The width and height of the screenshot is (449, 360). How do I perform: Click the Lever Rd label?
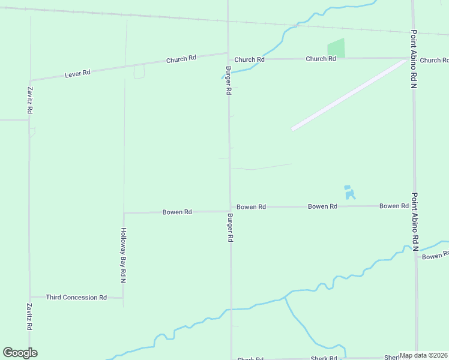pyautogui.click(x=78, y=73)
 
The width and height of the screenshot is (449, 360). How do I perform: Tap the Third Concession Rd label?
pyautogui.click(x=76, y=297)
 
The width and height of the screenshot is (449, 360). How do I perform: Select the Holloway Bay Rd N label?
pyautogui.click(x=123, y=255)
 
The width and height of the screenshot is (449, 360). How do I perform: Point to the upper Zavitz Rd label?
pyautogui.click(x=29, y=101)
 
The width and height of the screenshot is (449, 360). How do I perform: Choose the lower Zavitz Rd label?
pyautogui.click(x=29, y=317)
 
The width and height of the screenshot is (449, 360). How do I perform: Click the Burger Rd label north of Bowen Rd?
pyautogui.click(x=228, y=80)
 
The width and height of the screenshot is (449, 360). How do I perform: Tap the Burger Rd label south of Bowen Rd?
pyautogui.click(x=230, y=227)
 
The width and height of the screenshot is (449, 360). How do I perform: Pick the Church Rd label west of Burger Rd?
pyautogui.click(x=181, y=59)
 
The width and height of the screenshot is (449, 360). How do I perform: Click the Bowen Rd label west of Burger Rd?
pyautogui.click(x=177, y=212)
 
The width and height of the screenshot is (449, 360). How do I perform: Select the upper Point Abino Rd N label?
pyautogui.click(x=414, y=59)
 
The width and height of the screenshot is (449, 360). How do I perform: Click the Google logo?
pyautogui.click(x=20, y=353)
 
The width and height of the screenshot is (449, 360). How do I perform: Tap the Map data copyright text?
pyautogui.click(x=424, y=355)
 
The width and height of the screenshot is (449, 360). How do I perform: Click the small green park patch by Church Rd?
pyautogui.click(x=337, y=49)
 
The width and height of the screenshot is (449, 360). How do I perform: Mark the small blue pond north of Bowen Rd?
pyautogui.click(x=349, y=193)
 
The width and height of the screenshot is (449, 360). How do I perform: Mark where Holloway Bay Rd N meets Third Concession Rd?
pyautogui.click(x=123, y=297)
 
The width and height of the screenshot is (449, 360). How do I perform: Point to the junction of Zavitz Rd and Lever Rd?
pyautogui.click(x=29, y=80)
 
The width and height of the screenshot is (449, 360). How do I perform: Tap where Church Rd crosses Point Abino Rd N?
pyautogui.click(x=413, y=58)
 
